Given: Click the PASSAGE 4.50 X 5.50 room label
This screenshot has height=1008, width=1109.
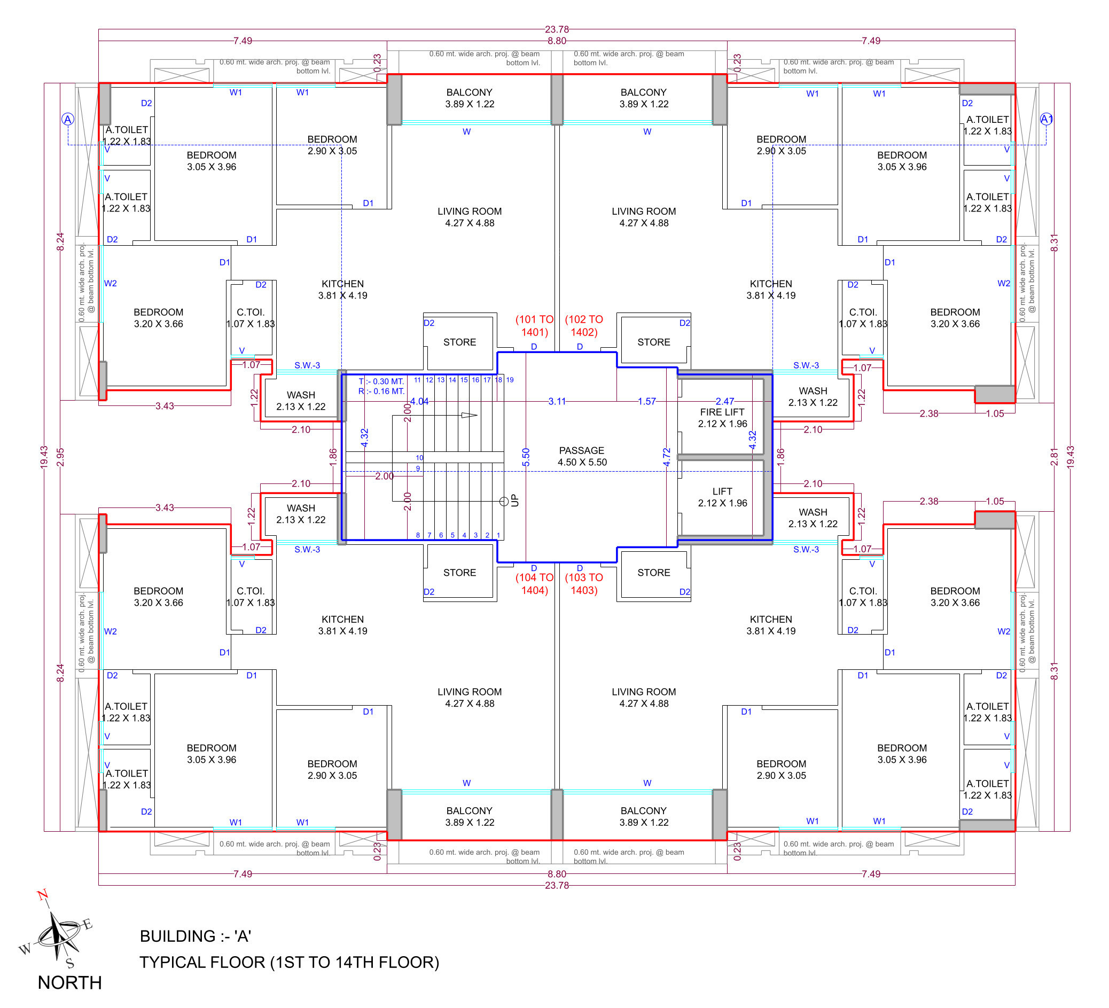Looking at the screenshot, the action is [x=582, y=456].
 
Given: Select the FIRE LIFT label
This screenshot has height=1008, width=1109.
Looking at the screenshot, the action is [x=722, y=412].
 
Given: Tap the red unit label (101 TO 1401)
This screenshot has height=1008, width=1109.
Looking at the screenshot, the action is [x=534, y=326].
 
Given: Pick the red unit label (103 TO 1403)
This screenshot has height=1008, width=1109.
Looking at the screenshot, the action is [x=584, y=584].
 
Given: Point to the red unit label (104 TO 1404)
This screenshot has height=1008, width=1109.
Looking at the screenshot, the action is [x=534, y=584].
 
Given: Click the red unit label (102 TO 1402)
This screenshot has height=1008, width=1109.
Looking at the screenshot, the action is [x=584, y=326].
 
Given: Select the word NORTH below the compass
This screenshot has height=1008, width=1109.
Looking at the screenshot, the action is [x=70, y=983].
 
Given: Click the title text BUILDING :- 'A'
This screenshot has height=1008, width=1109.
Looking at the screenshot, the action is [x=196, y=936].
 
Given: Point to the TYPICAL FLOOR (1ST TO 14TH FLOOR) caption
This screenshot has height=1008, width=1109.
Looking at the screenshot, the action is [x=290, y=963].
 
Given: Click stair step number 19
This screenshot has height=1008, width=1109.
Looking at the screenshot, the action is [x=510, y=380].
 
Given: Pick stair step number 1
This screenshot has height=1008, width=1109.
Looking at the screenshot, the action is [x=498, y=535].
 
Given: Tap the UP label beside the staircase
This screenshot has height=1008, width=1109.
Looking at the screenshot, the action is [x=514, y=500].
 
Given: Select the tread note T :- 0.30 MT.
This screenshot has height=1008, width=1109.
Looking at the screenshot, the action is [x=381, y=381].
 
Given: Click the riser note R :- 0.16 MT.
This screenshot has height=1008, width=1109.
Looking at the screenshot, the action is [x=381, y=391].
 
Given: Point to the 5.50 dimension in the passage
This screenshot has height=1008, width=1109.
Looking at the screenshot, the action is [x=526, y=457].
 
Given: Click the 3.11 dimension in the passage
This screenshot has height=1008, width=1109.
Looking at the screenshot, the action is [x=557, y=401].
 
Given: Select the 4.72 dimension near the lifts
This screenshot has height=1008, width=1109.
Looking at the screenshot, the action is [x=667, y=457].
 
